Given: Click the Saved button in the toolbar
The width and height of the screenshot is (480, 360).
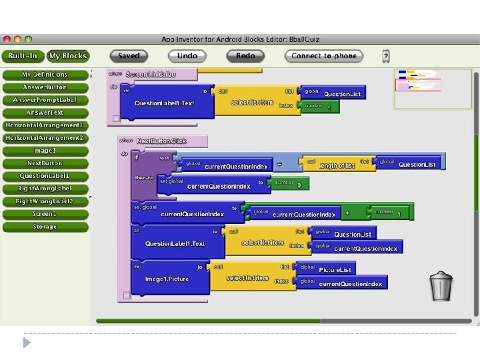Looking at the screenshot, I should [129, 56].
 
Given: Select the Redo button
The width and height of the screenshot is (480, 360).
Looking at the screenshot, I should [245, 56].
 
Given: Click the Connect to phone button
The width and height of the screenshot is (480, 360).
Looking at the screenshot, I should [325, 56].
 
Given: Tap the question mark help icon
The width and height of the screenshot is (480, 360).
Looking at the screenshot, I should [385, 56].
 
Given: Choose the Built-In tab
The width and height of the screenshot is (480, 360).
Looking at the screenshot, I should [23, 56].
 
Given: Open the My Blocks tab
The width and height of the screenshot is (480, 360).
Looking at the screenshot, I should [68, 56].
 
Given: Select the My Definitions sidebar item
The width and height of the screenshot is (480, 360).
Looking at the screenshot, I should [45, 75].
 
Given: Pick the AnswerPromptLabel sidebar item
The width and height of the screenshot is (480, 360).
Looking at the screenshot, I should [45, 100].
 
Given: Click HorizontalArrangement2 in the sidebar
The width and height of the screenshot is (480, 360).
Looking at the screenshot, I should [45, 138].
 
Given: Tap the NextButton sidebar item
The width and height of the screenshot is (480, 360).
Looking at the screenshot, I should [45, 163].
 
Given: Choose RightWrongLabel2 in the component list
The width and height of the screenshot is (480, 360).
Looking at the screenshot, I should [45, 201].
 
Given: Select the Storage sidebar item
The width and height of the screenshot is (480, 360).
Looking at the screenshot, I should [45, 227].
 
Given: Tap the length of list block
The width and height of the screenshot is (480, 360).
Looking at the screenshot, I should [337, 164].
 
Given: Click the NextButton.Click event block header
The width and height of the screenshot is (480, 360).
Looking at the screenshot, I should [162, 141].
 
